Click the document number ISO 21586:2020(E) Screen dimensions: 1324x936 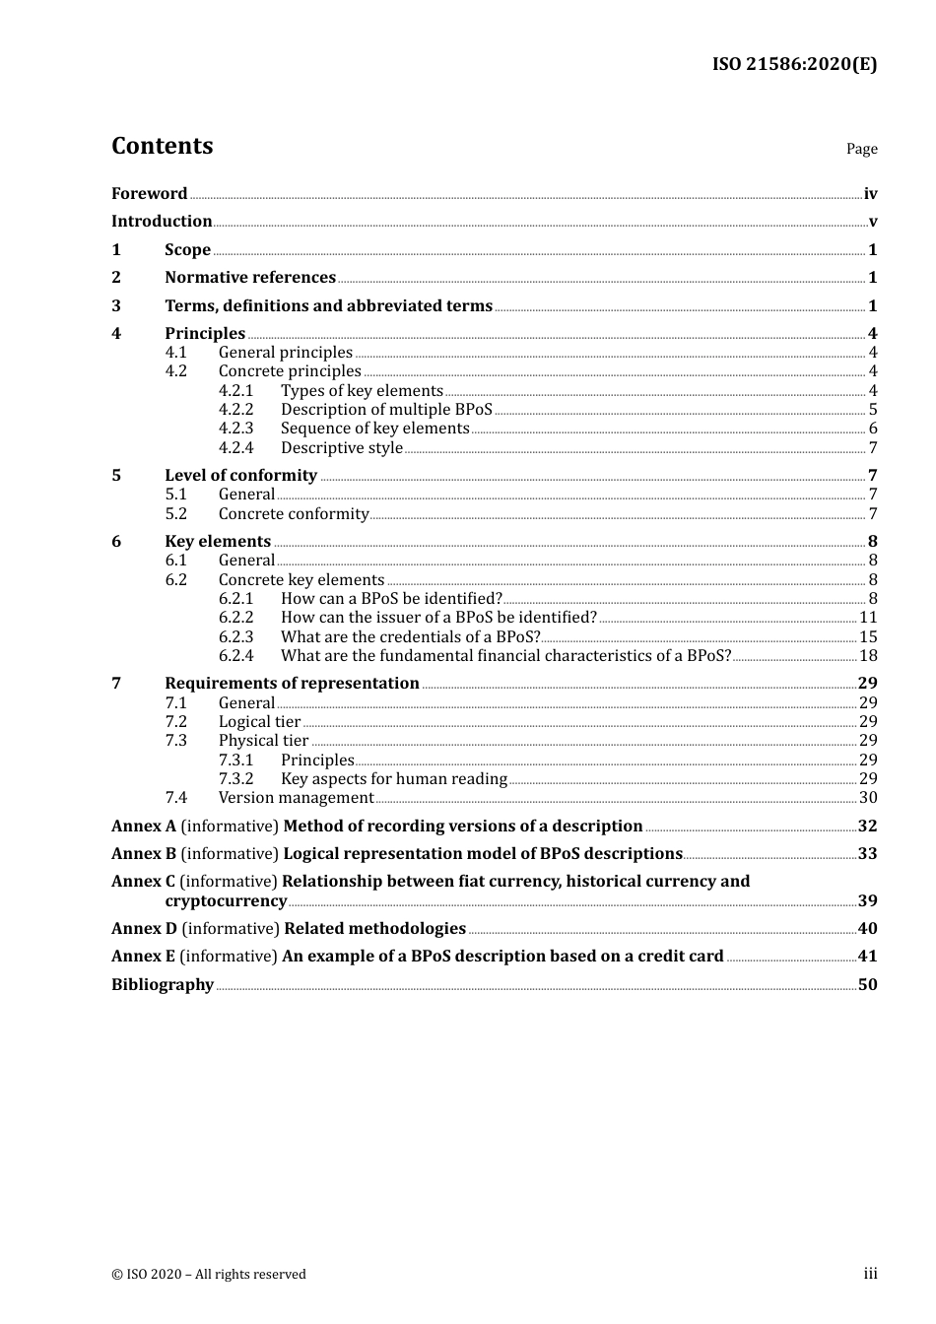point(794,65)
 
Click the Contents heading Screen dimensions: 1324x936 point(162,146)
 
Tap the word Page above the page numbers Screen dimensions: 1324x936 point(861,149)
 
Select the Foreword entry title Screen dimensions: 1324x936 point(149,194)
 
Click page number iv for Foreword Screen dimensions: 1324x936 point(870,194)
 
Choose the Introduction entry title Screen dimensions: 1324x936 point(162,222)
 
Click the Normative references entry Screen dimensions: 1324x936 point(250,278)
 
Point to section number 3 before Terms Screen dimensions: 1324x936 point(116,306)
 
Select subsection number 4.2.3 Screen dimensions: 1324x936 point(235,429)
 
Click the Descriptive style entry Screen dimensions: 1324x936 point(342,448)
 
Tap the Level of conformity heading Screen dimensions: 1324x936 point(240,476)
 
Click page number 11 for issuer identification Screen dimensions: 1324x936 point(868,618)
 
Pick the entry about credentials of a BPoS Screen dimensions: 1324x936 point(410,637)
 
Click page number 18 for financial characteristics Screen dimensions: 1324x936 point(868,656)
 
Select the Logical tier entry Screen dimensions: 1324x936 point(259,722)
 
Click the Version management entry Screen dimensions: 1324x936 point(296,798)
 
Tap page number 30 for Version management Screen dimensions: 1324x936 point(868,798)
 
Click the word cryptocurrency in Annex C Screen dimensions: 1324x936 point(226,901)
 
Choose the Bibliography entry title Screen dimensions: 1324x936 point(163,985)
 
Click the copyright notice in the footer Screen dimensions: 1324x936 point(209,1275)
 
